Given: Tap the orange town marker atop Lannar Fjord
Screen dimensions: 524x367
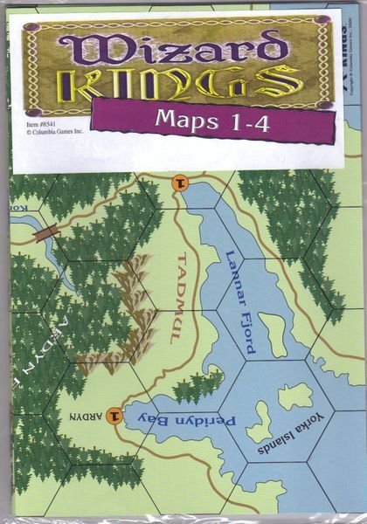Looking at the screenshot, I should pyautogui.click(x=180, y=183).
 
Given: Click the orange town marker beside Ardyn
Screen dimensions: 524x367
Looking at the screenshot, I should pyautogui.click(x=115, y=417).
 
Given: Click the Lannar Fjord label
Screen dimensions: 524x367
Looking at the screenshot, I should pyautogui.click(x=239, y=300).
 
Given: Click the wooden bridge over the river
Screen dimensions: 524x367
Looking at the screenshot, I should pyautogui.click(x=45, y=233).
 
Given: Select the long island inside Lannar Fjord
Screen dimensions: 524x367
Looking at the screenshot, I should pyautogui.click(x=274, y=334).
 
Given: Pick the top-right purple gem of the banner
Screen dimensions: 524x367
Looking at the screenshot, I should pyautogui.click(x=322, y=24).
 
